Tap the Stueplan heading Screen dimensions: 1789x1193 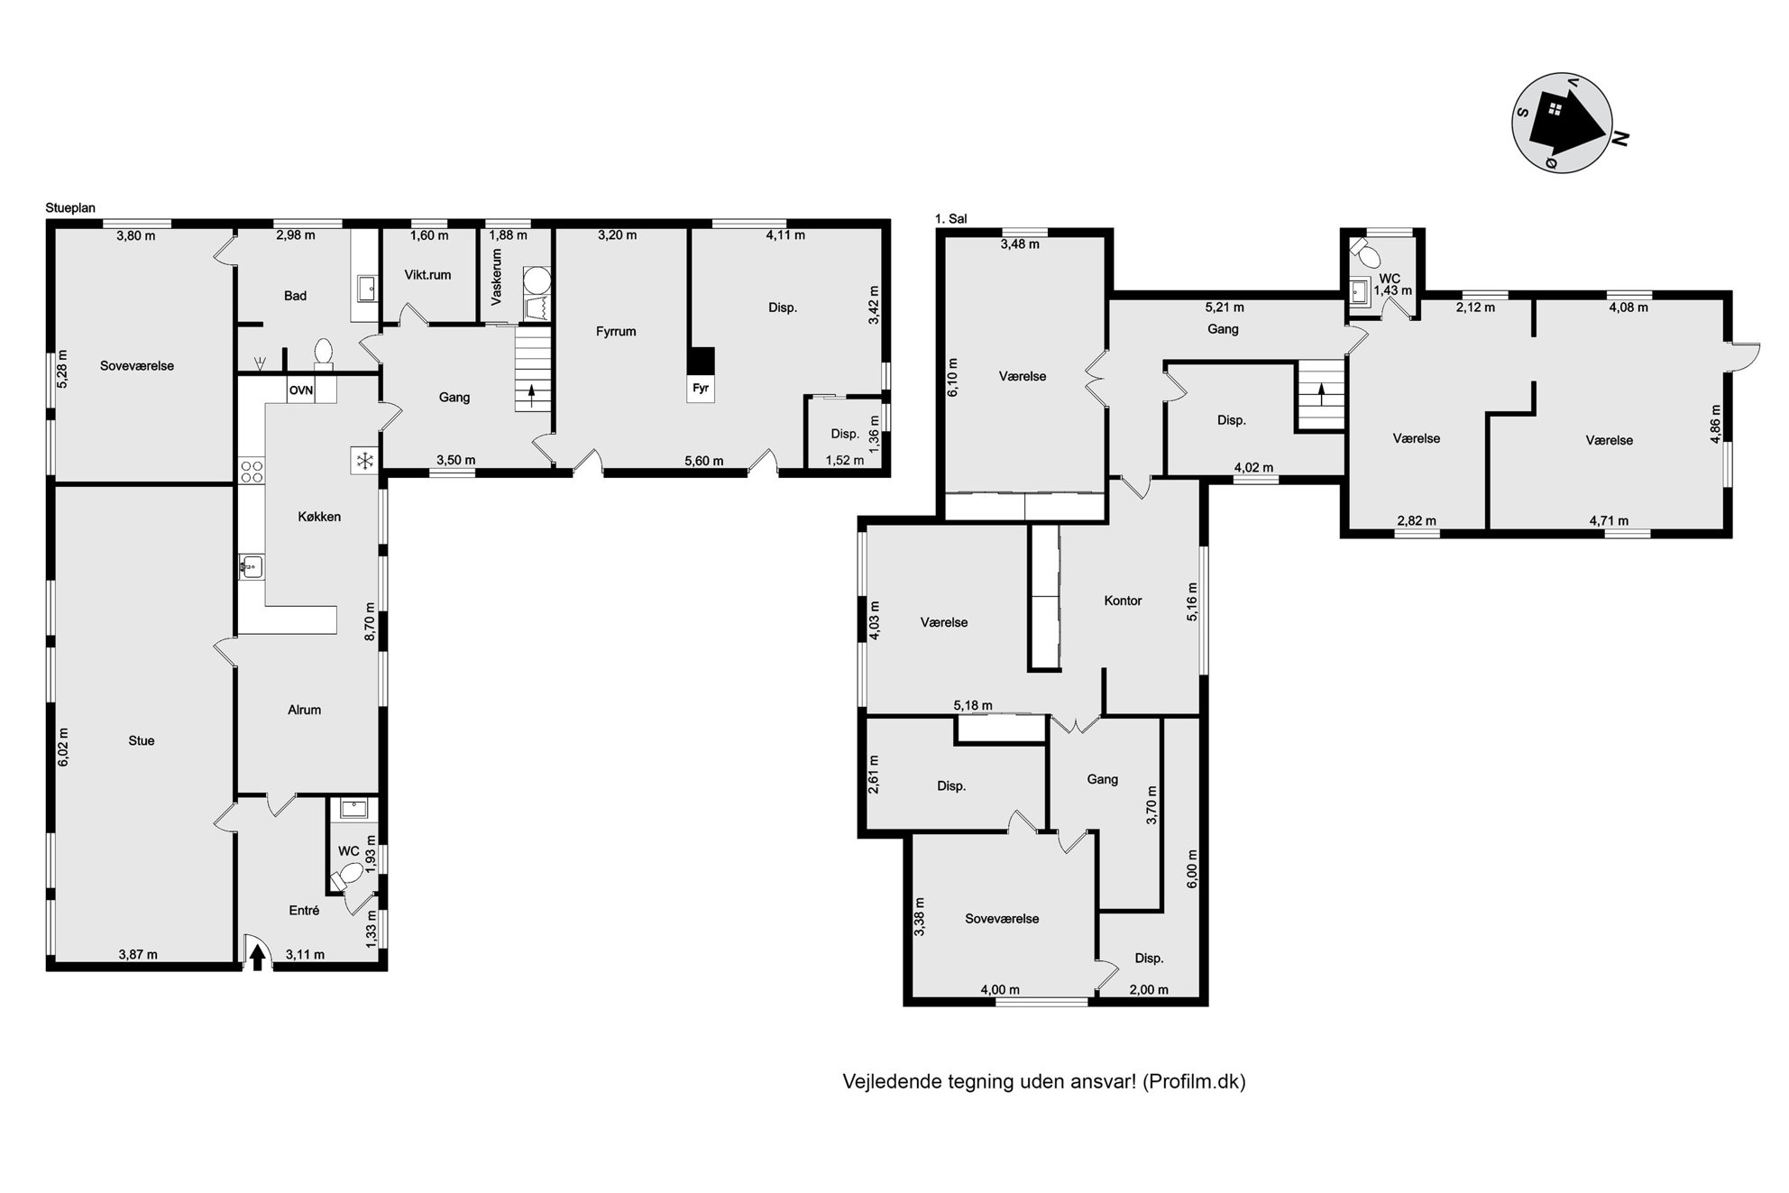(x=70, y=208)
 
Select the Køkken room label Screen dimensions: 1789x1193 (x=319, y=517)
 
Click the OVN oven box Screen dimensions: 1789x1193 (x=301, y=390)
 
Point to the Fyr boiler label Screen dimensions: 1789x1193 (x=701, y=390)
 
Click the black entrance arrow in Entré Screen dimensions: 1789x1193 (x=257, y=957)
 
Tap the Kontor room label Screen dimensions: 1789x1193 (x=1123, y=601)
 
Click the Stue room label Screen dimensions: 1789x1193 (x=142, y=741)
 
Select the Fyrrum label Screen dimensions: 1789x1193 (x=616, y=332)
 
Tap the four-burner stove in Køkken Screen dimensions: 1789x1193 (x=252, y=473)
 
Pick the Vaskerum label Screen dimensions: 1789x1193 (x=497, y=277)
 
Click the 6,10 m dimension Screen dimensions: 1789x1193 (x=953, y=377)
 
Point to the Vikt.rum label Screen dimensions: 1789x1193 (x=427, y=275)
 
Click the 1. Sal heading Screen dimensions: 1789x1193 (x=951, y=218)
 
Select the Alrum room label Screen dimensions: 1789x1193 (x=305, y=710)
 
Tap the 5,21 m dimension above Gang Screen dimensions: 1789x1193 (x=1225, y=307)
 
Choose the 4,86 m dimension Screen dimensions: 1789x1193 (x=1715, y=425)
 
